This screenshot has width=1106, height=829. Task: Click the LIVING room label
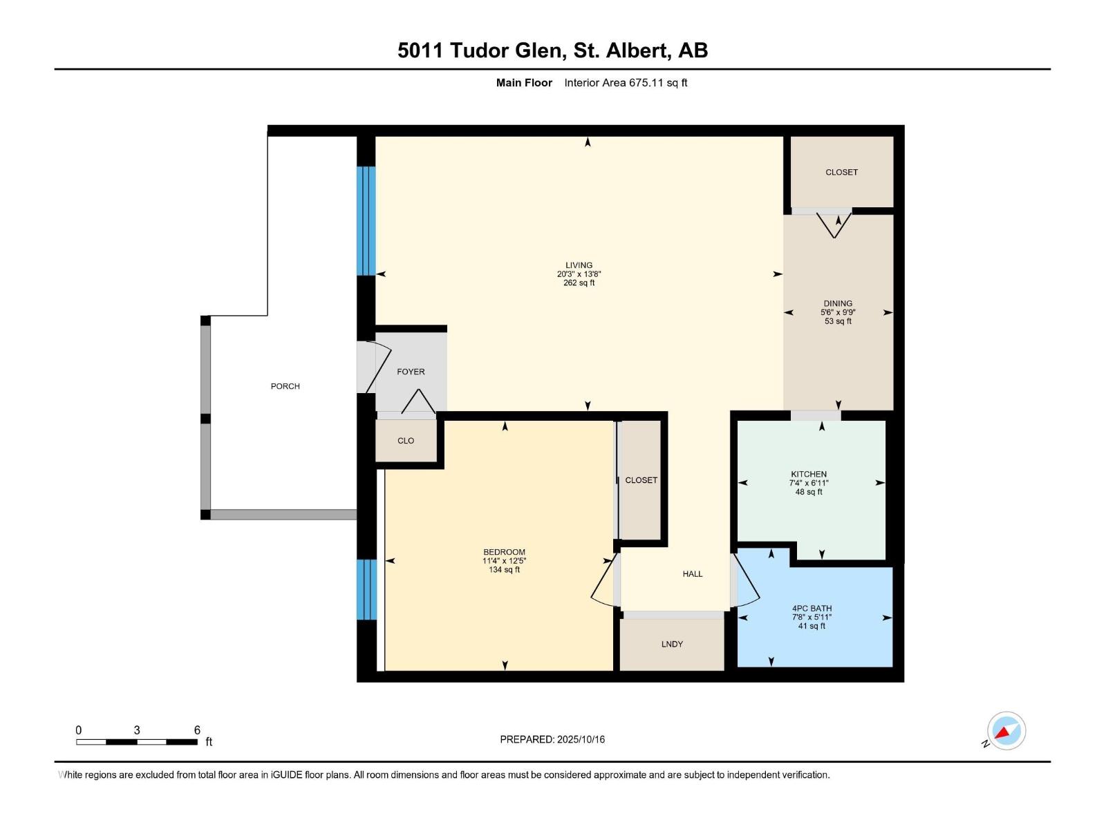(x=579, y=265)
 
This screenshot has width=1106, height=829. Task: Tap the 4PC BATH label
(x=812, y=609)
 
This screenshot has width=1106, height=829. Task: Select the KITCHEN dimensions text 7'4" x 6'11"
(x=809, y=483)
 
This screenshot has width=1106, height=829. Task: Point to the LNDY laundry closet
(x=672, y=644)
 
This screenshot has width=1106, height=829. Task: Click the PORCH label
(x=285, y=386)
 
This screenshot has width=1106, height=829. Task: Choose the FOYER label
(x=411, y=372)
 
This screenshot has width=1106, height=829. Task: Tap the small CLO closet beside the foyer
(x=406, y=441)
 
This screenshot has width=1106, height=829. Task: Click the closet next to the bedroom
(x=641, y=480)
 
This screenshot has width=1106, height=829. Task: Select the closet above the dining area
(x=841, y=172)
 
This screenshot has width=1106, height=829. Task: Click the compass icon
(x=1006, y=731)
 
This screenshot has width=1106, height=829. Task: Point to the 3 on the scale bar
(x=137, y=730)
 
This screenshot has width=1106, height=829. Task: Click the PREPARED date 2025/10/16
(x=552, y=739)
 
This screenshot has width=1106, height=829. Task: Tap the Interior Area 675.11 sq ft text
(x=626, y=83)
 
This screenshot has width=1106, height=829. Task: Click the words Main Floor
(x=524, y=83)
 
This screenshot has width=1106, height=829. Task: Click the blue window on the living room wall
(x=366, y=221)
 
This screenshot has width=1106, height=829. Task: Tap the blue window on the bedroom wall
(x=367, y=589)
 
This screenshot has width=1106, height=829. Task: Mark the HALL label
(x=692, y=574)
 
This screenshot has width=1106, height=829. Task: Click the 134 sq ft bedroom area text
(x=504, y=570)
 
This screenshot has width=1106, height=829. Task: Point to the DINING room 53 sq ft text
(x=838, y=321)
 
